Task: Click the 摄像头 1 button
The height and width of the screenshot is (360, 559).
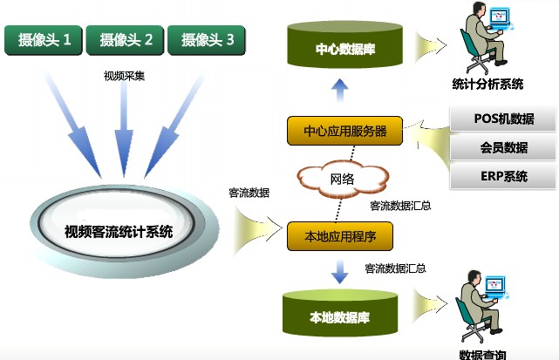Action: [x=44, y=39]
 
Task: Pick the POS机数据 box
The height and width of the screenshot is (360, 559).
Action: [x=503, y=119]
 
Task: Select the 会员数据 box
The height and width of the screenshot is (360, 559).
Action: [x=503, y=147]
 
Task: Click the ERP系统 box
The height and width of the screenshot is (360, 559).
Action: [x=503, y=176]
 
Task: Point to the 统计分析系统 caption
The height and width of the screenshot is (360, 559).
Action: [x=488, y=84]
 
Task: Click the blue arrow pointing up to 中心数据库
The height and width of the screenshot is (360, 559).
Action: [x=340, y=88]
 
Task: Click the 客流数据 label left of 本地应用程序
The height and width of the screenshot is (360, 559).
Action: [x=249, y=192]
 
